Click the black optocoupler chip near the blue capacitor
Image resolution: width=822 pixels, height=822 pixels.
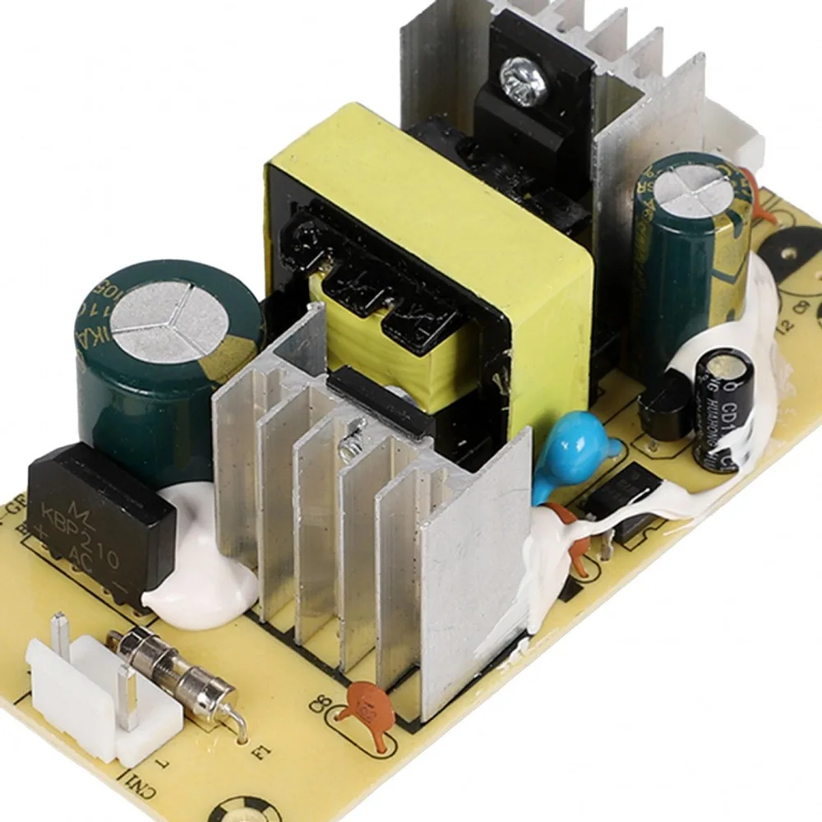[x=637, y=497]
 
